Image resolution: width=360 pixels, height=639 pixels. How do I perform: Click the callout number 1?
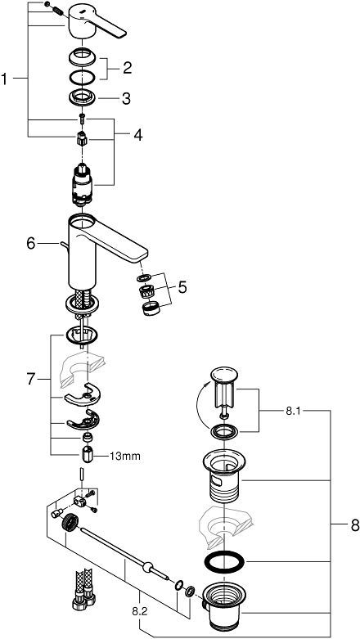tap(6, 79)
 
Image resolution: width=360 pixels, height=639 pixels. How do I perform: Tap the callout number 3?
tap(126, 99)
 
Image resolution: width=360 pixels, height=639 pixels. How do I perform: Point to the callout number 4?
tap(137, 133)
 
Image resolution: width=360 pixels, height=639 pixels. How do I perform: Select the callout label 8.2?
tap(140, 610)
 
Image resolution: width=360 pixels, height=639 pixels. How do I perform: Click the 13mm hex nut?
tap(87, 455)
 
